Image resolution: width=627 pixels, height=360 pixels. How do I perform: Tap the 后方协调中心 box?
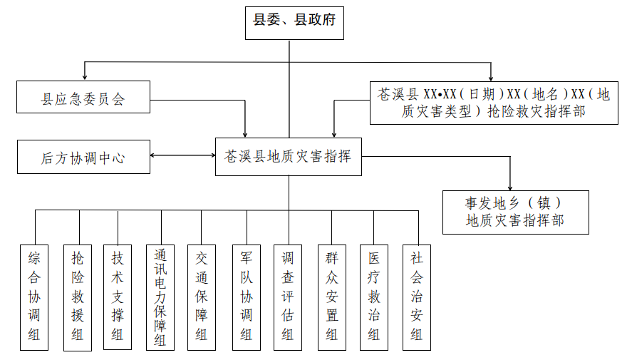coord(83,157)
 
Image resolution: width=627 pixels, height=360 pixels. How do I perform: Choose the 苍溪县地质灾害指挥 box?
coord(289,157)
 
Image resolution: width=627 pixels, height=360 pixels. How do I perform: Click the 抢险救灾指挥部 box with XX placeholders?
coord(494,103)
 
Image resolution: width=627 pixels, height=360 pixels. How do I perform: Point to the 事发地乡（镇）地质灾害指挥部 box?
coord(515,212)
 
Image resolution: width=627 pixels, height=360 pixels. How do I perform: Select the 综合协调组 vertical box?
coord(34,297)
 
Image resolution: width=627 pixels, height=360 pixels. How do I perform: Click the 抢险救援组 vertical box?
coord(77,297)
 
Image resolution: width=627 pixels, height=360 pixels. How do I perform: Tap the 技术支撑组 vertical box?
coord(118,297)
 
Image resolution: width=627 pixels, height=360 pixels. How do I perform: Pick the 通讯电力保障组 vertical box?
coord(160,297)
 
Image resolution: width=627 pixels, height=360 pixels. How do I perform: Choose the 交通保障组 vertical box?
coord(202,297)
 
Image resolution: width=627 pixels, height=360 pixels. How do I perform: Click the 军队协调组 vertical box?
coord(246,297)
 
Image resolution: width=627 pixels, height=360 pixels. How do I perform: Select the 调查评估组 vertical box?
coord(288,297)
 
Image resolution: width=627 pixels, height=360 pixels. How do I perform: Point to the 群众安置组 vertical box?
coord(331,297)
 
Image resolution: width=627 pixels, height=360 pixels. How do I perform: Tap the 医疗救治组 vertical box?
coord(373,297)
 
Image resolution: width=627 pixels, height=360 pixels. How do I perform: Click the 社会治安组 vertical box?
coord(417,297)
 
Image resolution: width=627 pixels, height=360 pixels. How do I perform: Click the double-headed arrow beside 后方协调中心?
coord(183,156)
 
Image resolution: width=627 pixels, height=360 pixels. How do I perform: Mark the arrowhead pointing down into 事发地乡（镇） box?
coord(510,186)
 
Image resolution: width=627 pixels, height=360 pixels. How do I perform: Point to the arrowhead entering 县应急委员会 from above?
coord(85,76)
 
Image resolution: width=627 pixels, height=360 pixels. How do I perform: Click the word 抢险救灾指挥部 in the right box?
coord(536,112)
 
